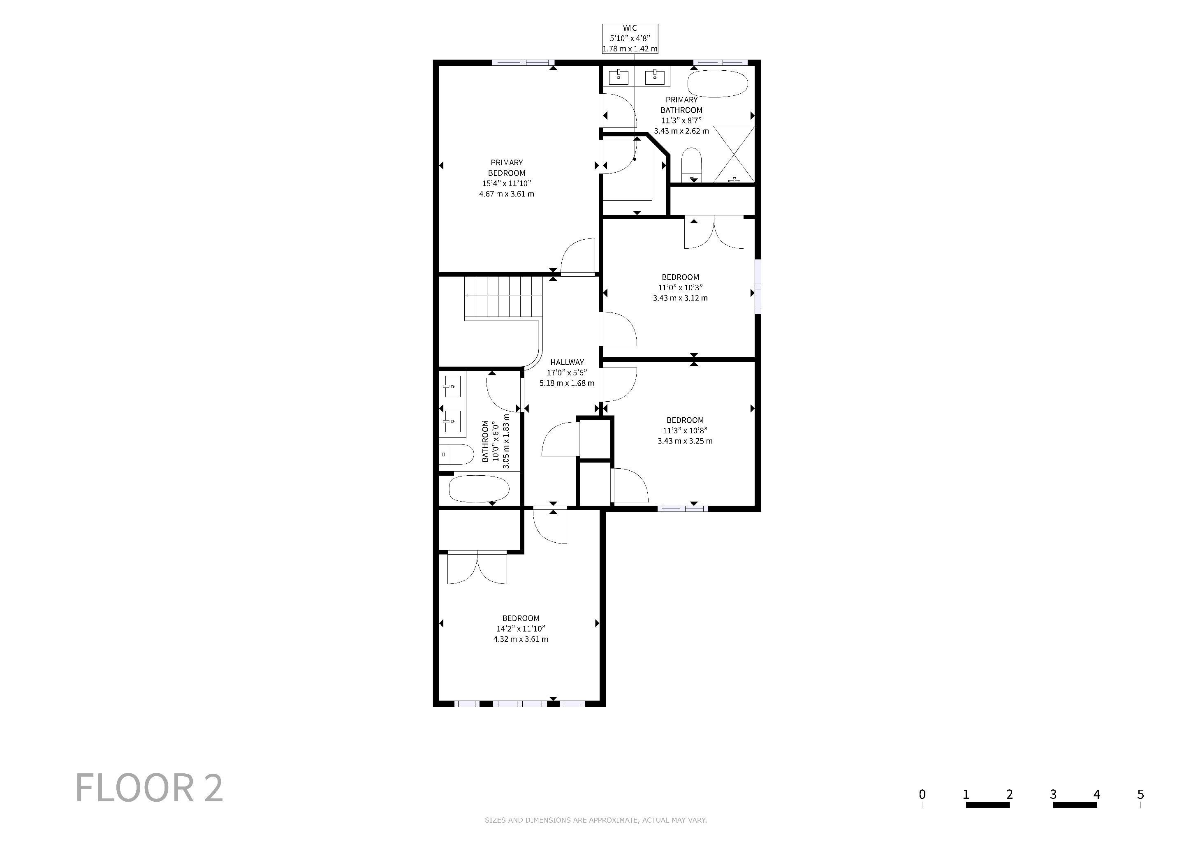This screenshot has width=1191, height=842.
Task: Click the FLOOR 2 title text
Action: (149, 788)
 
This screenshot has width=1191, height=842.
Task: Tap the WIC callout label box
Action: (630, 38)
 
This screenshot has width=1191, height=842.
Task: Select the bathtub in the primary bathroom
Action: (718, 83)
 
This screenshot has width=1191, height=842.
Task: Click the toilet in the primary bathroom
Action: (691, 164)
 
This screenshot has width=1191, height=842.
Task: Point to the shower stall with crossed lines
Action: (734, 154)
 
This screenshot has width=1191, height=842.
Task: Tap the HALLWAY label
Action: (567, 362)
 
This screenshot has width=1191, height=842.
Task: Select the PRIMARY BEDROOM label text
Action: (507, 167)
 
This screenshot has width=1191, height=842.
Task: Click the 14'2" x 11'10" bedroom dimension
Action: (521, 628)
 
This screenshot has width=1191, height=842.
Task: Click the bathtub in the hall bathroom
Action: (479, 488)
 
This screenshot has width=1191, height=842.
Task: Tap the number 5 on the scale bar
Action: (1140, 794)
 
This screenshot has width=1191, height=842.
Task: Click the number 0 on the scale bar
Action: (922, 794)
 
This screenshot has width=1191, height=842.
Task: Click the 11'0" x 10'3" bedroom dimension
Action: (680, 287)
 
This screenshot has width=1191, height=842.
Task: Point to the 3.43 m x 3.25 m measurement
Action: (685, 441)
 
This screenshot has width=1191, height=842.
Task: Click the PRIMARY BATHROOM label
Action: (681, 105)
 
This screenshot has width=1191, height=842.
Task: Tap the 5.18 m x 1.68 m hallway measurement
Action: (567, 383)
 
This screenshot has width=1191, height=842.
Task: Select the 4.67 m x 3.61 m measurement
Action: (506, 194)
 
